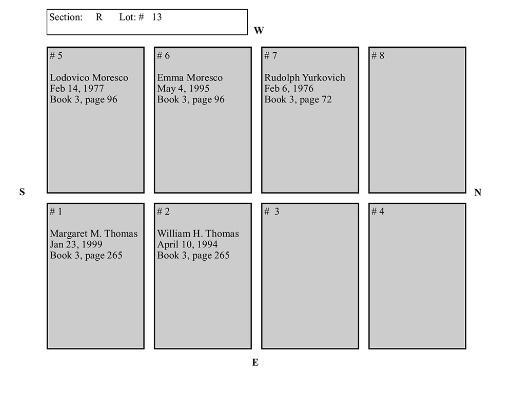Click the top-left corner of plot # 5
(47, 47)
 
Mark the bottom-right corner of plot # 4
(466, 349)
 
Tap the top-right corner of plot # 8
(466, 47)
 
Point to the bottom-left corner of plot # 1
(47, 349)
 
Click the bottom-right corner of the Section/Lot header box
(247, 34)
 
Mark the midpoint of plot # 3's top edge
(310, 203)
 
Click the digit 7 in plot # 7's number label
(274, 55)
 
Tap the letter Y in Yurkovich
(305, 77)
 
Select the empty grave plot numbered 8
(418, 120)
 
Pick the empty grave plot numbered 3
(310, 276)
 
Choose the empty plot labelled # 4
(418, 276)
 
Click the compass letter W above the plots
(259, 30)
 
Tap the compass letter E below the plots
(255, 362)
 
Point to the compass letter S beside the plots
(22, 192)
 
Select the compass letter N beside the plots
(478, 193)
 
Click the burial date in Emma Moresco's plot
(183, 89)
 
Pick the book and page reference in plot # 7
(298, 100)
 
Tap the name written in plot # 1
(93, 234)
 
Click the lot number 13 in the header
(156, 17)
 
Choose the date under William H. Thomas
(187, 244)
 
